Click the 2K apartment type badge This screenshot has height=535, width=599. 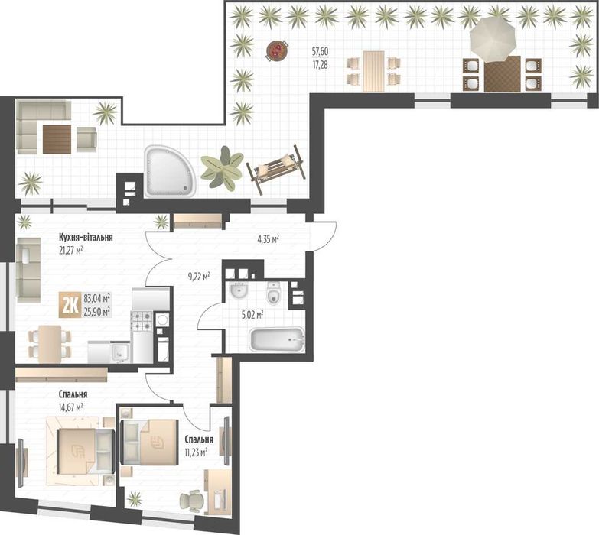click(70, 305)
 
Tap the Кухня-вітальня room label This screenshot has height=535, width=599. click(86, 238)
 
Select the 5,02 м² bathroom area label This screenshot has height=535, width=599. click(252, 315)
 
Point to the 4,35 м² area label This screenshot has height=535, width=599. click(268, 240)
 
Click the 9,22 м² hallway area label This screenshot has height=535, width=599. click(199, 277)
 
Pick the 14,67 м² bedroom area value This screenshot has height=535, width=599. click(71, 407)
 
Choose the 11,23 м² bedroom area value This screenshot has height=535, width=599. click(196, 453)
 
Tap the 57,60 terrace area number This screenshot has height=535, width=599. click(320, 50)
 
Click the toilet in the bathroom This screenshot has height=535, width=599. click(273, 293)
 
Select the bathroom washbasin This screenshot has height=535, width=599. click(239, 290)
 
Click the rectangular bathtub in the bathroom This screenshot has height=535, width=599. click(277, 339)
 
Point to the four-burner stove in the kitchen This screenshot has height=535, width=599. click(142, 320)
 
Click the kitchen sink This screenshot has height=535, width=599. click(120, 353)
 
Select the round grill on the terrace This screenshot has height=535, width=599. click(277, 50)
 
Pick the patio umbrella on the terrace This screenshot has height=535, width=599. click(493, 39)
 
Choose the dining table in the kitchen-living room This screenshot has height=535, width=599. click(50, 343)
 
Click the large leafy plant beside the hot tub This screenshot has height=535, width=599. click(222, 168)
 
